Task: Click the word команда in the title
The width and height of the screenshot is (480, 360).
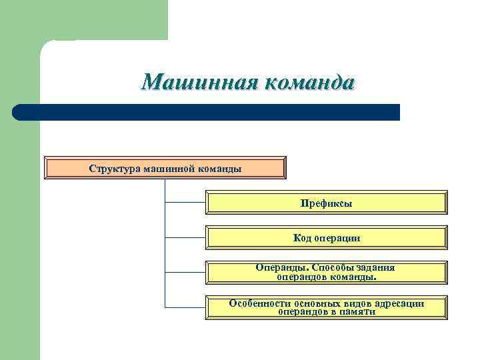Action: pos(310,83)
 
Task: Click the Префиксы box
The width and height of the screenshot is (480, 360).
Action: pos(326,203)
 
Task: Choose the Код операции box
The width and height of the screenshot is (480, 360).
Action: pos(326,238)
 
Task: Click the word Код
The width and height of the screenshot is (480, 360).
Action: pos(302,238)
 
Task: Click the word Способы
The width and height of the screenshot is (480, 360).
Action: pos(329,267)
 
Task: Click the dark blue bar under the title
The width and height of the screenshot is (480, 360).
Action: pos(207,112)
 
